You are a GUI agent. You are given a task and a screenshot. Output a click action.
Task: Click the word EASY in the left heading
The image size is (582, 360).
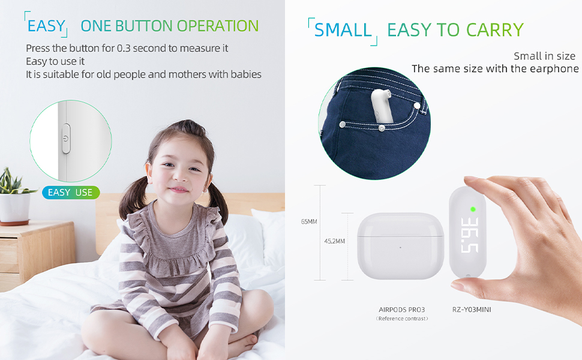tap(46, 26)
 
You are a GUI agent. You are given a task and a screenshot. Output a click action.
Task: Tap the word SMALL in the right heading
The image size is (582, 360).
tap(343, 29)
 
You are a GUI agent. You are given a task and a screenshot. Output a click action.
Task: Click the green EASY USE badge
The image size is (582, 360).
tap(71, 193)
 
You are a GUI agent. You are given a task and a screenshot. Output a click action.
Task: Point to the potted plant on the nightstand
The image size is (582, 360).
tap(15, 197)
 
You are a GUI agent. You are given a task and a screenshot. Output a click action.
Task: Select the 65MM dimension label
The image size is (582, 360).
tap(309, 221)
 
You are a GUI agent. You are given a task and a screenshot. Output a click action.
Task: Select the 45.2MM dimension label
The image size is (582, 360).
tap(334, 241)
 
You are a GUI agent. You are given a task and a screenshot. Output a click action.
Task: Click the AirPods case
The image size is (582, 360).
tap(400, 246)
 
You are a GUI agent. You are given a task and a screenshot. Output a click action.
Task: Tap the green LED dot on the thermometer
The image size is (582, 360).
tap(473, 209)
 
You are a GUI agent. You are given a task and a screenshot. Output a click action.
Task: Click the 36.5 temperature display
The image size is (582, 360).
tap(469, 235)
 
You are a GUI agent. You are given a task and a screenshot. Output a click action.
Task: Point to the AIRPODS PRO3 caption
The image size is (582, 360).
tap(401, 310)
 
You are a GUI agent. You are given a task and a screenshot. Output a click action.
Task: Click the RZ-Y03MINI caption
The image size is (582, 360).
tap(472, 310)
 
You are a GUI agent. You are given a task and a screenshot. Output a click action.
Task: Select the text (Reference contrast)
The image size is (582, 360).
tap(402, 319)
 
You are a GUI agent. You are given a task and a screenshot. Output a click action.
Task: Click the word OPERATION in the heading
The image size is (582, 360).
tap(218, 26)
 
